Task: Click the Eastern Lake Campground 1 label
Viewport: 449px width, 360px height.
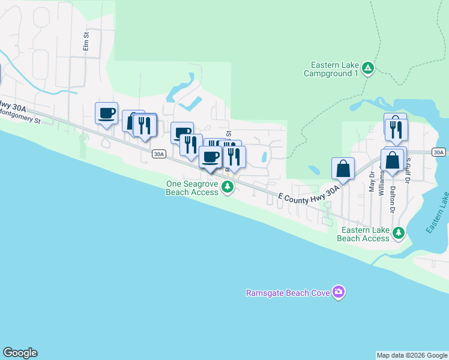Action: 335,69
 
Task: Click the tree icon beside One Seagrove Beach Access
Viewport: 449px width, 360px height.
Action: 228,188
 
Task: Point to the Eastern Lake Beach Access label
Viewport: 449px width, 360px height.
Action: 363,234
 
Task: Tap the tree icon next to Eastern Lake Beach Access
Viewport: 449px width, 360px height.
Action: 399,232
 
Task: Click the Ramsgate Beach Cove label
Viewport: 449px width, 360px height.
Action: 288,293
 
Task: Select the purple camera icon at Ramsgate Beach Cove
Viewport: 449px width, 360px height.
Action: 339,292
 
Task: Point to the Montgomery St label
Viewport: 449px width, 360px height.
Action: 19,116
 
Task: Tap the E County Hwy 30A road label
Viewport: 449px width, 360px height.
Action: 309,198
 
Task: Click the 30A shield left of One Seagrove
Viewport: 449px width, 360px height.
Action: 158,154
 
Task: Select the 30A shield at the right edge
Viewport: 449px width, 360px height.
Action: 439,152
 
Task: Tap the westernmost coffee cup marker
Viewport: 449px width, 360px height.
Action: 106,113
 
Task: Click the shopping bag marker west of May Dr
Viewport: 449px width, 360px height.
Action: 343,169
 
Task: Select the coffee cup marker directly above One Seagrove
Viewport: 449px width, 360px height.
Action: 210,158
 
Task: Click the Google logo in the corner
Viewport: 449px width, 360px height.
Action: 20,353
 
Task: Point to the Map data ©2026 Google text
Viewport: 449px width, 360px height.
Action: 412,355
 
